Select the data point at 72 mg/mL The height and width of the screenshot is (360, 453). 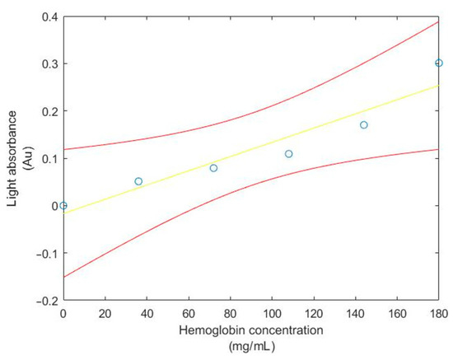tap(213, 168)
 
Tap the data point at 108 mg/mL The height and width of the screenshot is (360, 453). tap(289, 154)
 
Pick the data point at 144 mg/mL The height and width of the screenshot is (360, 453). tap(364, 125)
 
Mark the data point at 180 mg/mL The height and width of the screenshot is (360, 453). tap(439, 63)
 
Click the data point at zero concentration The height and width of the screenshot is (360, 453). tap(63, 206)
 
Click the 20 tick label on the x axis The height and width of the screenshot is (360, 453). tap(105, 314)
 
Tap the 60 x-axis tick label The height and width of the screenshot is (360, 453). tap(189, 314)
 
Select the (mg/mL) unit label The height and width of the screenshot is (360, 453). tap(251, 346)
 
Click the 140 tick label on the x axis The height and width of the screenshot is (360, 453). tap(355, 314)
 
